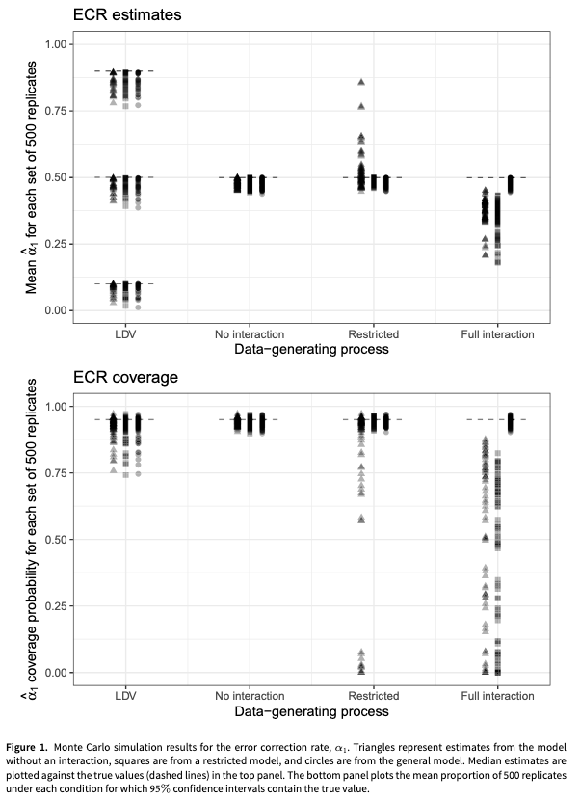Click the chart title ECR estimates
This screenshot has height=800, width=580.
coord(125,15)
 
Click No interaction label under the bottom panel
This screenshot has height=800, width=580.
coord(250,696)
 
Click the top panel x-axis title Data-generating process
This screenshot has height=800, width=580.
coord(312,349)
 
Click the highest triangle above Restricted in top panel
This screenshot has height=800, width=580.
coord(361,82)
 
